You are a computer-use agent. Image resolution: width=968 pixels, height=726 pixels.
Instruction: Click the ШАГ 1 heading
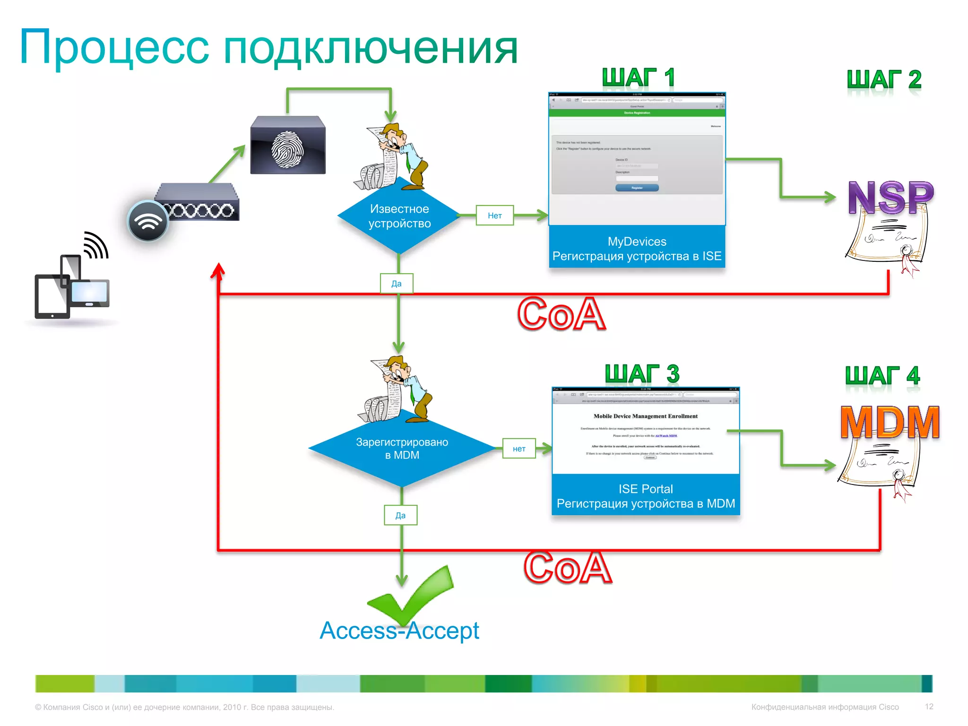pos(638,78)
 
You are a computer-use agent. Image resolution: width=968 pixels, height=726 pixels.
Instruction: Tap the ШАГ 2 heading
pos(884,79)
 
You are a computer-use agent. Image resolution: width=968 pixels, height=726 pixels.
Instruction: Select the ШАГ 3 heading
pos(642,374)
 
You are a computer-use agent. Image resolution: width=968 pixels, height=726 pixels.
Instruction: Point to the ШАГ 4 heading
pos(882,376)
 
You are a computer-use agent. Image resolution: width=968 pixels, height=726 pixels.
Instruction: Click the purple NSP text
pos(890,198)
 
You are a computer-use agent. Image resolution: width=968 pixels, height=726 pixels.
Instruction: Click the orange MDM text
pos(890,422)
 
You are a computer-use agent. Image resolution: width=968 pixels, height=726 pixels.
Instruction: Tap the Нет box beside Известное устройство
pos(494,216)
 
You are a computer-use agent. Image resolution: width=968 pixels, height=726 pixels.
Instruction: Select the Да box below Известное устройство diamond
pos(397,284)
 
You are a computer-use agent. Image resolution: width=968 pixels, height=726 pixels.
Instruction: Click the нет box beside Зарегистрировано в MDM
pos(519,449)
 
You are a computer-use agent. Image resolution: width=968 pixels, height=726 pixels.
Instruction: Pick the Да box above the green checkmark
pos(400,515)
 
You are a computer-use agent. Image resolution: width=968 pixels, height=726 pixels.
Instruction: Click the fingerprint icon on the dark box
pos(287,149)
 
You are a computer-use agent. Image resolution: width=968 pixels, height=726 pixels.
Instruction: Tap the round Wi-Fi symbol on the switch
pos(148,221)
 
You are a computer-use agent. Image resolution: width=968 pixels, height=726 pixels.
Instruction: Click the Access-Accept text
pos(399,631)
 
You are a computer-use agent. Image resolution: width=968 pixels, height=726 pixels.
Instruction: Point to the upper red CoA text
pos(561,314)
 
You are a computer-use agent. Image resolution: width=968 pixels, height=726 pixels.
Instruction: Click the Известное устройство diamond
pos(399,216)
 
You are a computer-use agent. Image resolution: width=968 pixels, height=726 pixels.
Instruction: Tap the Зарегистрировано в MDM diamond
pos(402,449)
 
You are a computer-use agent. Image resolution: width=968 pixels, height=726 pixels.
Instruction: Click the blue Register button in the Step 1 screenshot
pos(637,188)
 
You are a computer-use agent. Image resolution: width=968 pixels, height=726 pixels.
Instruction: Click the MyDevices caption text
pos(637,242)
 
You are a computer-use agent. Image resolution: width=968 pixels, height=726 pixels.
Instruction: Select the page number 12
pos(929,707)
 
